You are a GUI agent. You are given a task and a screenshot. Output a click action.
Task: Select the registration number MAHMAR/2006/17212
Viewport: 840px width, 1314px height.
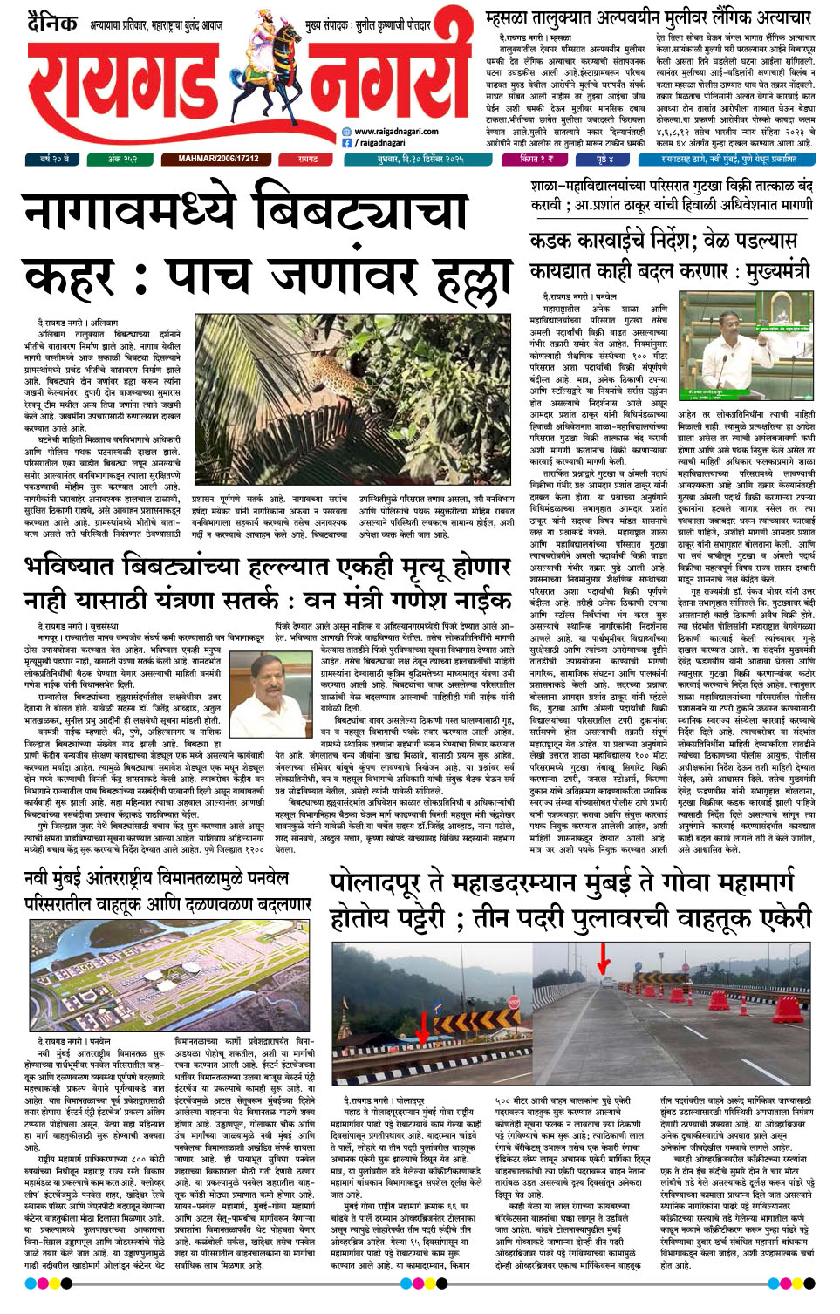pyautogui.click(x=218, y=160)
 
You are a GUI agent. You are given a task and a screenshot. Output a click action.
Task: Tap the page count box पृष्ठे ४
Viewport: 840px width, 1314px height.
pyautogui.click(x=604, y=160)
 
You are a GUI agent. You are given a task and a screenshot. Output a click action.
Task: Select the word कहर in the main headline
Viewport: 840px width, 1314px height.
pyautogui.click(x=70, y=276)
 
